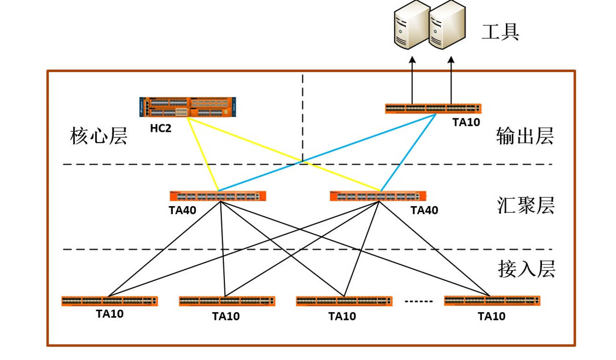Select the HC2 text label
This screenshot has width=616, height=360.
coord(160,128)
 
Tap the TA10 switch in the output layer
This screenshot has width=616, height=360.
coord(434,109)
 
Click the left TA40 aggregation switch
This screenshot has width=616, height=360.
coord(218,196)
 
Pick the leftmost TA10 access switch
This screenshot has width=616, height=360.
coord(110,301)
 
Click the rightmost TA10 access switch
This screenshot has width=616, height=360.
coord(492,301)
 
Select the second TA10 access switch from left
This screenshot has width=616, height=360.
coord(227,301)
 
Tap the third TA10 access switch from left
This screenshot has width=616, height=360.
coord(344,301)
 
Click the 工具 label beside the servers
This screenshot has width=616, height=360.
coord(500,32)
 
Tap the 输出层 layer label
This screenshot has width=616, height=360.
coord(525,136)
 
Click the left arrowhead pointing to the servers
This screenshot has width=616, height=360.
coord(413,59)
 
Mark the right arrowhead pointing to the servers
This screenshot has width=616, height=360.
coord(451,59)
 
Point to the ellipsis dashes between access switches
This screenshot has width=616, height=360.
coord(419,301)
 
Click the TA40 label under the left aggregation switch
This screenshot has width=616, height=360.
coord(182,211)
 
